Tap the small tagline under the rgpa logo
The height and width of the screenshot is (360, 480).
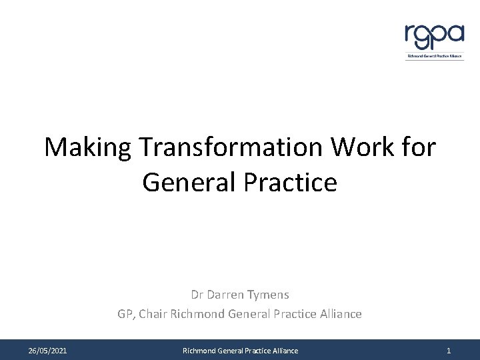(435, 57)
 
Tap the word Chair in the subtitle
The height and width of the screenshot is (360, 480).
(157, 313)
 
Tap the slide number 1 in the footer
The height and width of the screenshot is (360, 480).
(449, 350)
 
